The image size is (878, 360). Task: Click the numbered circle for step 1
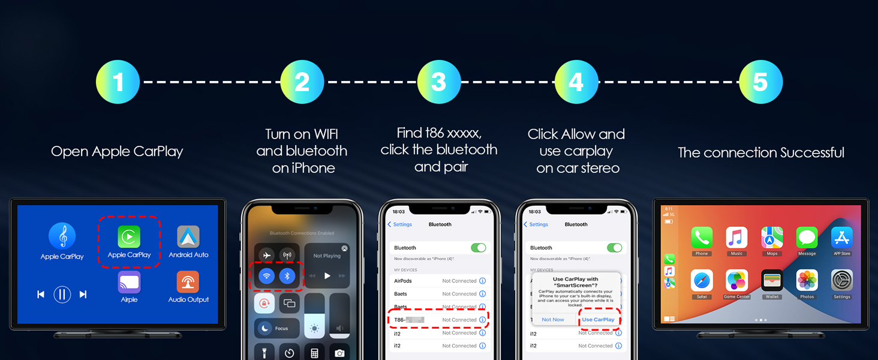118,82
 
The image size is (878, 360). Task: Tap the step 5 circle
760,82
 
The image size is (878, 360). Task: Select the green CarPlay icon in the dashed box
129,236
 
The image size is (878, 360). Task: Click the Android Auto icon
188,237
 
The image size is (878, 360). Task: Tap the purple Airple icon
129,282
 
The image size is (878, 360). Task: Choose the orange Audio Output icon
188,282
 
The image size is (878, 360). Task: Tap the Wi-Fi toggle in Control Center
267,276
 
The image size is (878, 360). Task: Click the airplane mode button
267,255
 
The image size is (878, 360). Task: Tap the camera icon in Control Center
339,353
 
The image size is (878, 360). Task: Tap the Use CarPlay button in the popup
598,320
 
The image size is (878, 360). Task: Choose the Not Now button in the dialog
553,320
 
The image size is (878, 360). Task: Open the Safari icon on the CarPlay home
702,280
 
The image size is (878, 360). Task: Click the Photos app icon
807,280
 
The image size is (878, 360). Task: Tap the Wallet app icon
772,280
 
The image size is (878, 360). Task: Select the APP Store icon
842,238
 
